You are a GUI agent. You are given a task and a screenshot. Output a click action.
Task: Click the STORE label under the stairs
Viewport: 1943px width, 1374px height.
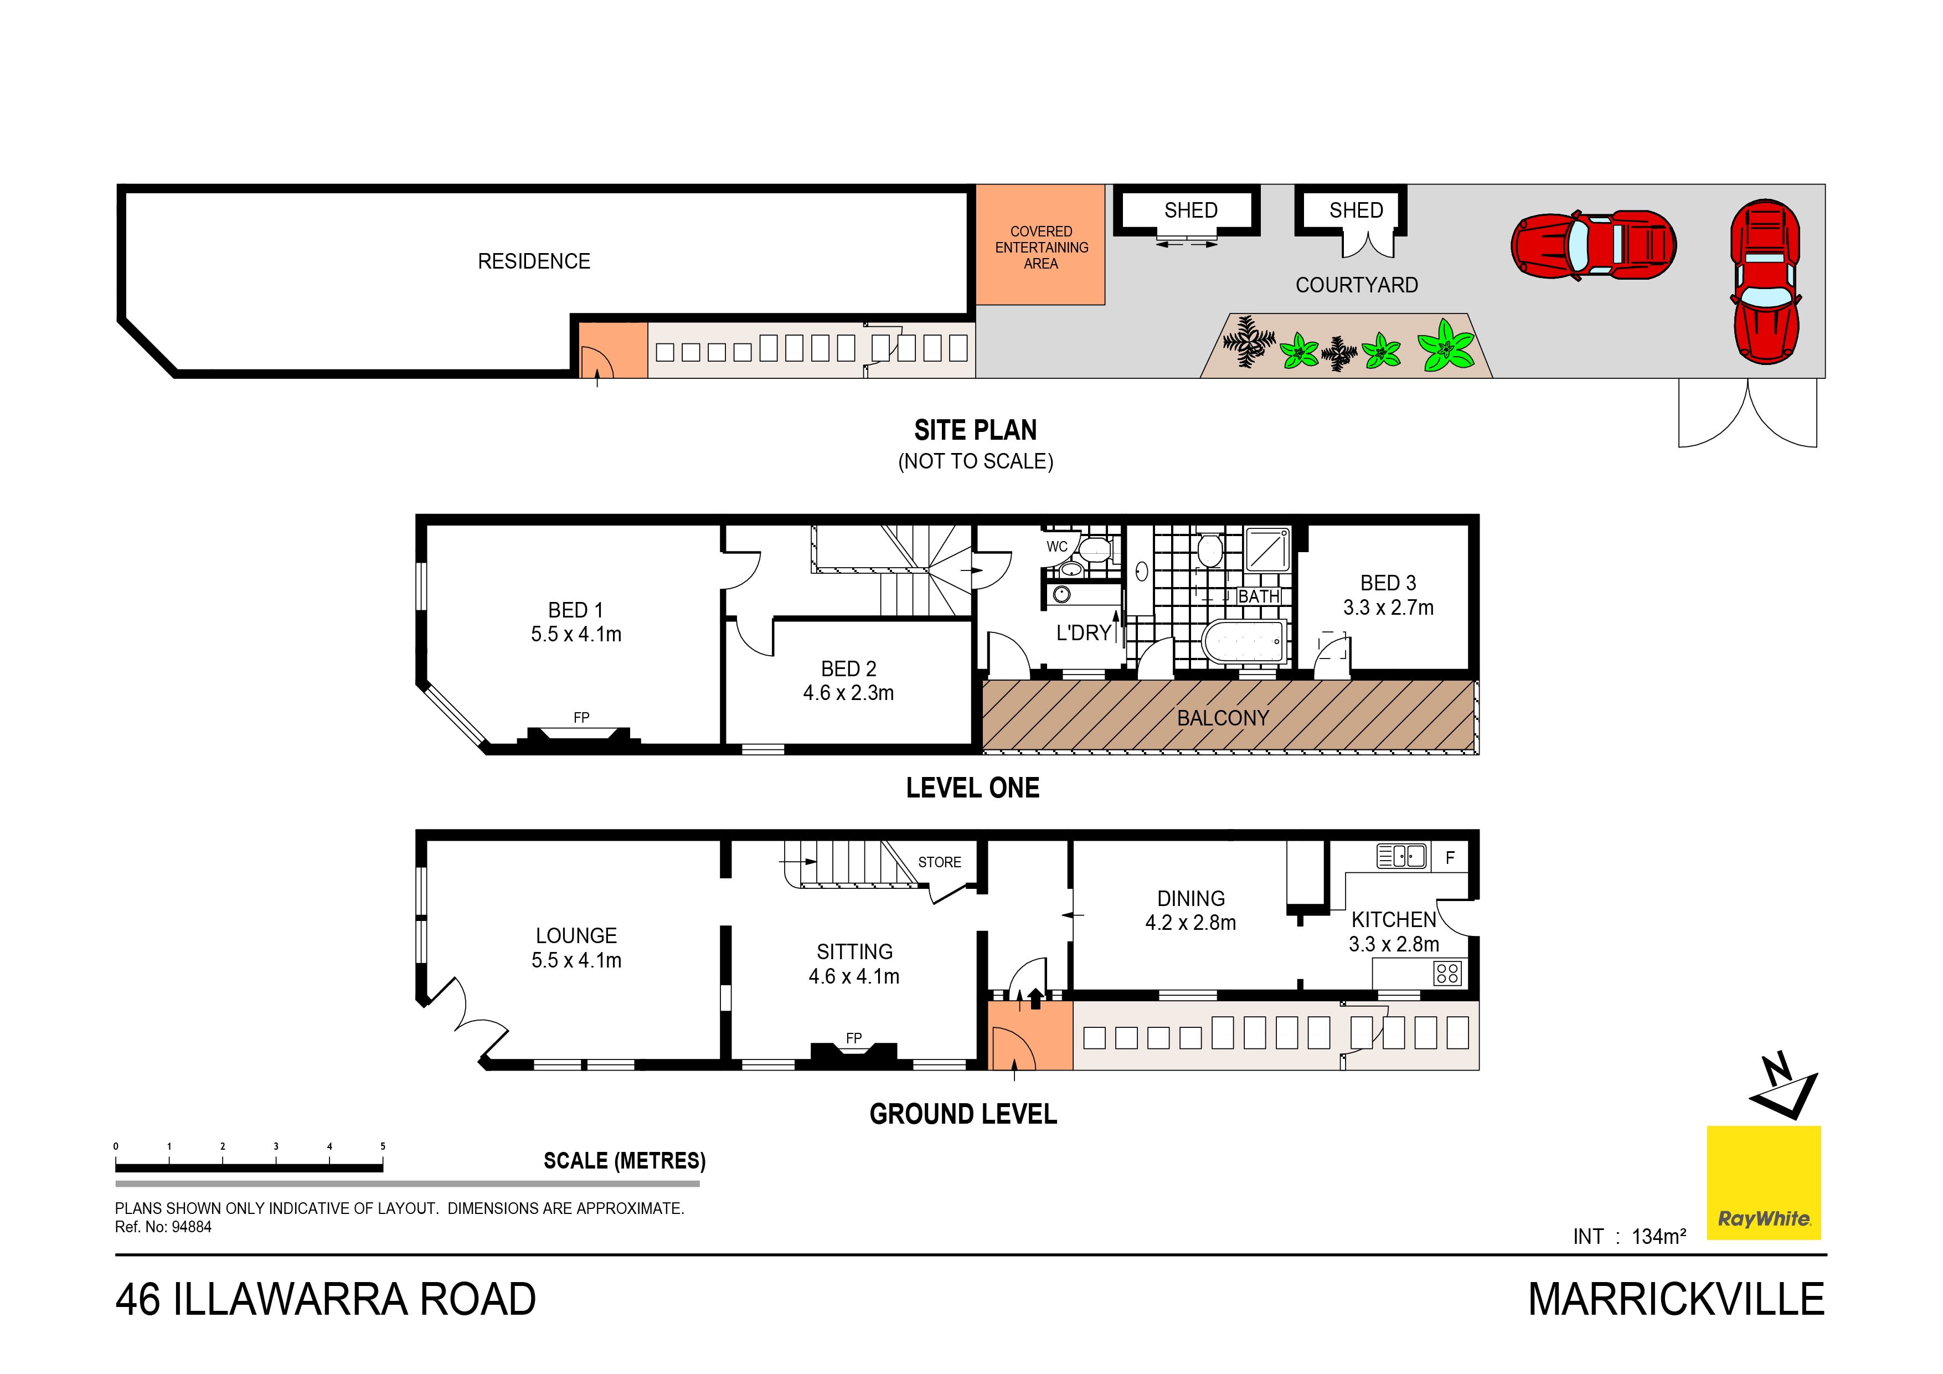coord(939,862)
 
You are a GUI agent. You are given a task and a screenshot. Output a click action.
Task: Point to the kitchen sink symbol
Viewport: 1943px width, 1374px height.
coord(1401,857)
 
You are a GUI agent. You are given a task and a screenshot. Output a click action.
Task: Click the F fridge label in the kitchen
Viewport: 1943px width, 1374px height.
coord(1450,858)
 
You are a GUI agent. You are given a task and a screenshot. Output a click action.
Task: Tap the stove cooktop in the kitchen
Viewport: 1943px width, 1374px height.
coord(1447,974)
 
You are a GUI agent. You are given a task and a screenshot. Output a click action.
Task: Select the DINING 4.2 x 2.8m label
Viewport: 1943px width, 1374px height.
coord(1190,910)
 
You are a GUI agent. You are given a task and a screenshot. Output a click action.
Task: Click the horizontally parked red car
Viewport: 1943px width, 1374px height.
coord(1592,245)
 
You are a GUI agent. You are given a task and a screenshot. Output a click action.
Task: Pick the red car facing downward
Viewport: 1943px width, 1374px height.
coord(1765,282)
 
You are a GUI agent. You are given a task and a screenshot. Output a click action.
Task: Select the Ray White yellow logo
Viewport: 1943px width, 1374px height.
coord(1764,1183)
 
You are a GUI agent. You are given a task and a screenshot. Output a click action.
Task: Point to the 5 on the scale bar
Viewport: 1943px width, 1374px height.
coord(383,1146)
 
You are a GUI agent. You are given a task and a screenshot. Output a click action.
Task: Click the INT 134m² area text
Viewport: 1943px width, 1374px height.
coord(1629,1236)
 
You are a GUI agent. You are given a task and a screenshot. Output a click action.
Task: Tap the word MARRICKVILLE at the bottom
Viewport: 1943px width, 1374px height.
coord(1676,1299)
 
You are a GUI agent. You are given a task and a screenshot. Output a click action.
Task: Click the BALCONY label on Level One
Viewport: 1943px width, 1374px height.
coord(1223,718)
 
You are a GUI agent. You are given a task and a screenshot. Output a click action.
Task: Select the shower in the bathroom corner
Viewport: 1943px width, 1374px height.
coord(1267,549)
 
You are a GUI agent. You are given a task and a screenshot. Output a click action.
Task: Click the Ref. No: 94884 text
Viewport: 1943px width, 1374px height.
coord(163,1227)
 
